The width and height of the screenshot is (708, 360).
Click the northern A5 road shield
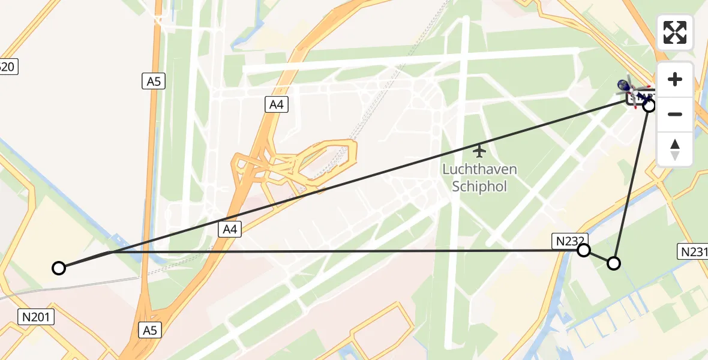click(x=154, y=82)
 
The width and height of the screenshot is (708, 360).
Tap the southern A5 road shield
click(x=150, y=329)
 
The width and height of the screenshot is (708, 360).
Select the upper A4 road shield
click(x=276, y=105)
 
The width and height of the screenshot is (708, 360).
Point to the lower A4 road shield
click(x=230, y=229)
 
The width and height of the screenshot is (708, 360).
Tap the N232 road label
click(x=568, y=240)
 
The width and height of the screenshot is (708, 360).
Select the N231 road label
click(x=693, y=251)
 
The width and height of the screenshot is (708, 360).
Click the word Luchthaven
click(x=479, y=169)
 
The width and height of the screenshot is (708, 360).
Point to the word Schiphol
click(x=479, y=186)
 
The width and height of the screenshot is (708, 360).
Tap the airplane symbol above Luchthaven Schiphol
click(x=479, y=150)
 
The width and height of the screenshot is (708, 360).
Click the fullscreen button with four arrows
click(x=675, y=32)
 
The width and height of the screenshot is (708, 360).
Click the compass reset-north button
click(x=675, y=149)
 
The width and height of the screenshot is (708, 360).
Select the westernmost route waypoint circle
click(x=59, y=268)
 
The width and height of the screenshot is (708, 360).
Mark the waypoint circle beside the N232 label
click(x=584, y=250)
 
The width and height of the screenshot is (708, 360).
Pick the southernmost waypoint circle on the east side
click(x=614, y=263)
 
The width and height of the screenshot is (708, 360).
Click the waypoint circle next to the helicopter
click(x=649, y=106)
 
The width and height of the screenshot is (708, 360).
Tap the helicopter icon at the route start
click(x=630, y=90)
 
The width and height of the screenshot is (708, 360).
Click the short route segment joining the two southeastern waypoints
click(x=599, y=257)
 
